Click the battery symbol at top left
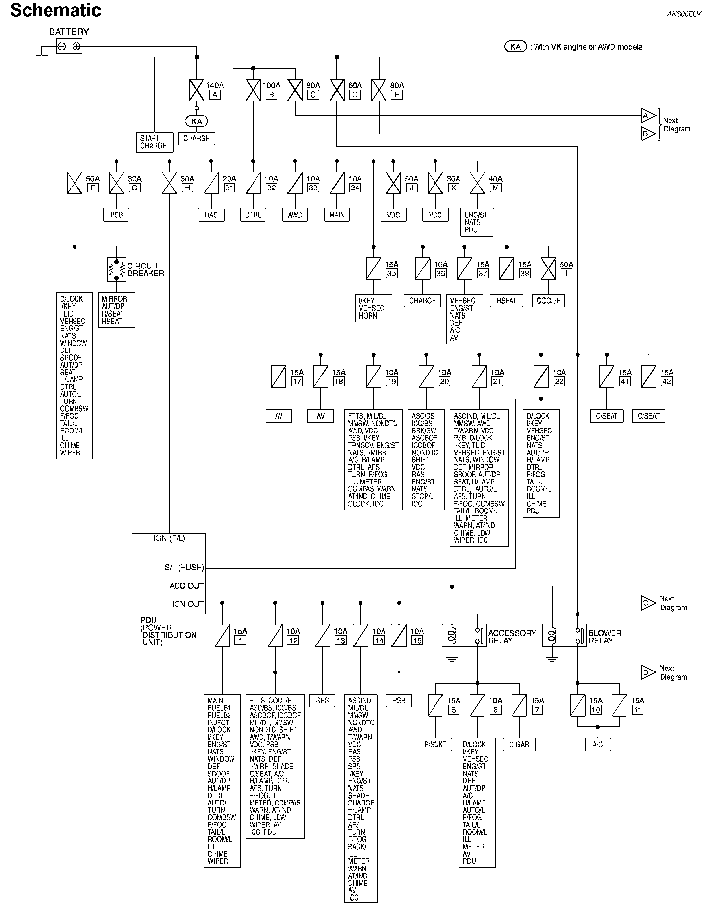(x=69, y=47)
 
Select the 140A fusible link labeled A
(x=197, y=90)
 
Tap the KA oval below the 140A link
(x=197, y=121)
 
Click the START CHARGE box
(x=154, y=142)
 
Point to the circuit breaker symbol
(x=116, y=269)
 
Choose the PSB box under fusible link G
(x=117, y=215)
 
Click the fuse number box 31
(x=229, y=187)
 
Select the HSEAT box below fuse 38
(x=507, y=300)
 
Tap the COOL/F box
(x=548, y=300)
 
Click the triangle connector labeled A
(x=647, y=116)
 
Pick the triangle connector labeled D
(x=647, y=672)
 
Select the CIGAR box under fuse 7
(x=519, y=744)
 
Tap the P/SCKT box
(x=435, y=744)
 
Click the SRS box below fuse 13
(x=322, y=700)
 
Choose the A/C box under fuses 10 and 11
(x=597, y=744)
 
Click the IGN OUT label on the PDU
(x=188, y=603)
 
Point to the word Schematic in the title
(x=55, y=10)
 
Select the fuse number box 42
(x=666, y=381)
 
